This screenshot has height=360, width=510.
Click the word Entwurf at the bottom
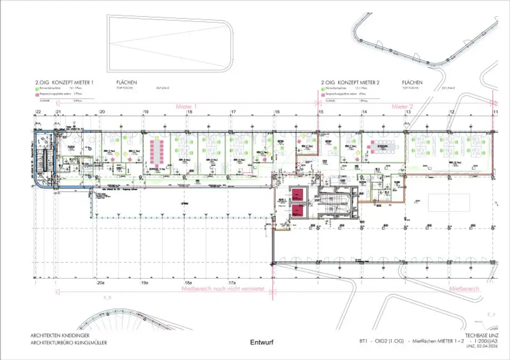coord(261,343)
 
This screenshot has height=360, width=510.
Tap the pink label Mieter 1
coord(186,107)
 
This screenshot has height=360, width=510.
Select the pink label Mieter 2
coord(402,107)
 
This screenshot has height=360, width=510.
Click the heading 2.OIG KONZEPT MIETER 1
coord(64,82)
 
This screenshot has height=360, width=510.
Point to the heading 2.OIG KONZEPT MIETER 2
coord(350,82)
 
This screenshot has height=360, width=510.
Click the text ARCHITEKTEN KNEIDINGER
coord(61,336)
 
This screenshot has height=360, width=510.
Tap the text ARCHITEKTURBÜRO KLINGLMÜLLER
coord(69,343)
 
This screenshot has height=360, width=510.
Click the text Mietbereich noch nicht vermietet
coord(216,289)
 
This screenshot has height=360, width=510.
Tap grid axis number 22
coord(38,113)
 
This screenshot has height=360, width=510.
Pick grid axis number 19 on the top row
coord(146,113)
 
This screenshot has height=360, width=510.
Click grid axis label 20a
coord(101,283)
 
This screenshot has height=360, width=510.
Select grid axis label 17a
coord(232,283)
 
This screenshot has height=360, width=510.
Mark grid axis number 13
coord(407,113)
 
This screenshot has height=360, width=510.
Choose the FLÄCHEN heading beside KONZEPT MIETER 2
coord(412,82)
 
